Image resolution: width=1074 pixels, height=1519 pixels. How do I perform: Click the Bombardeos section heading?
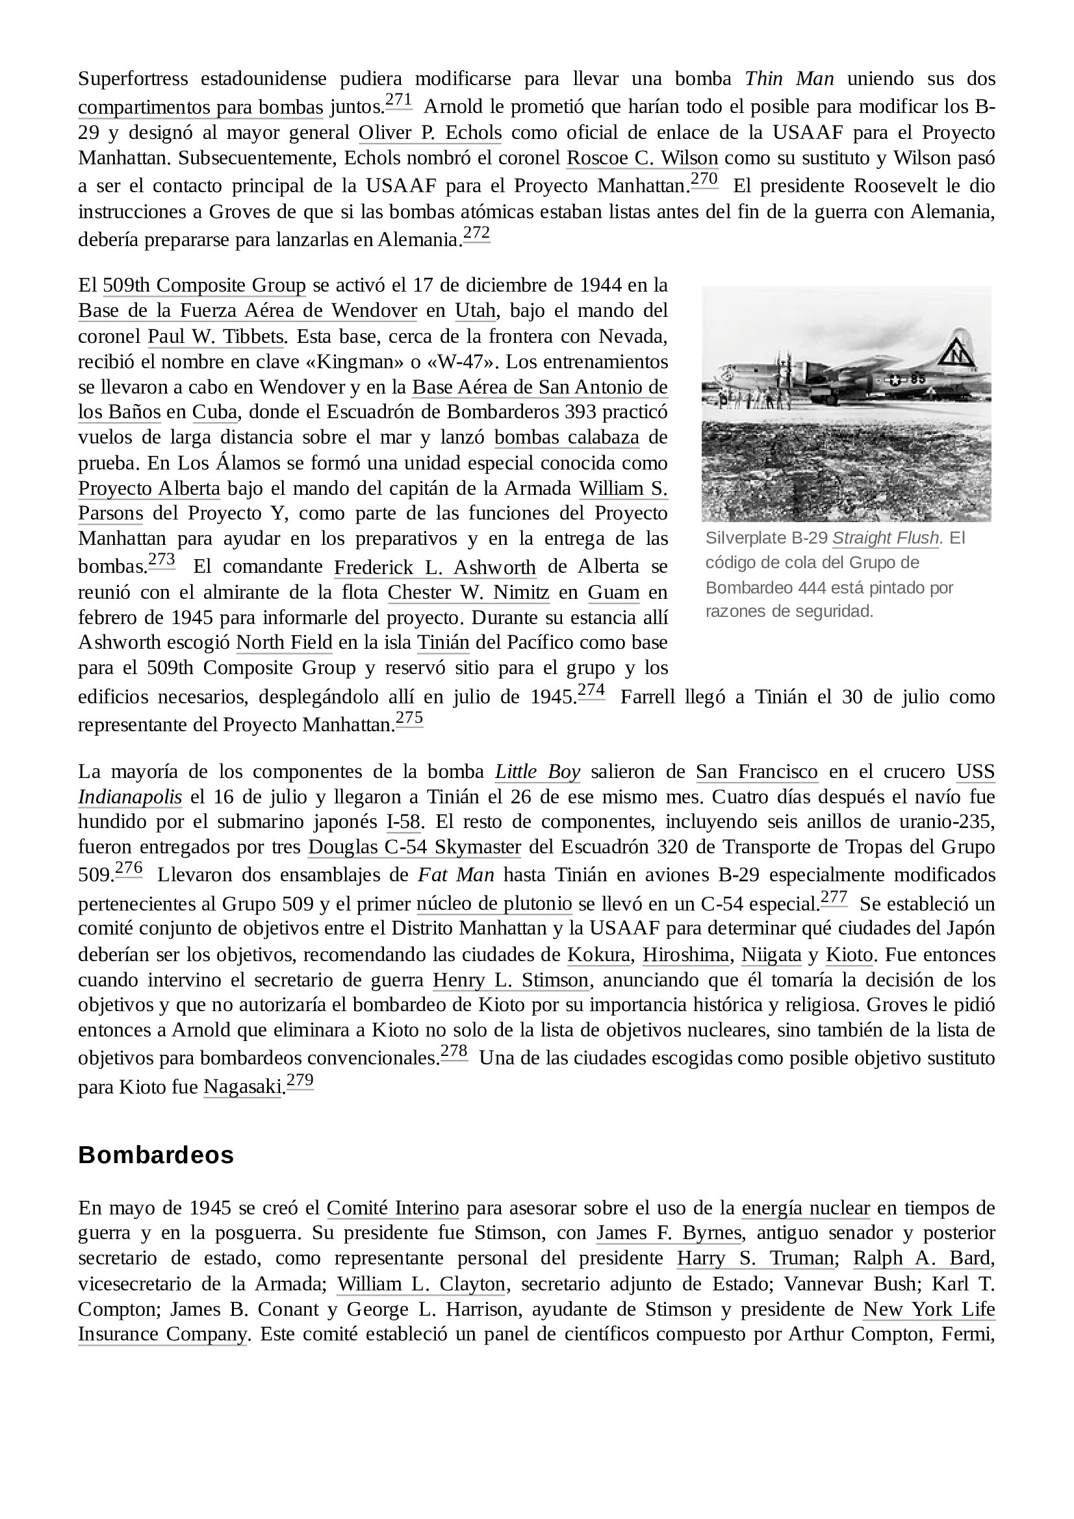155,1155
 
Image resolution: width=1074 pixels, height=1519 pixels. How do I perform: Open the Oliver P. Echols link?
429,133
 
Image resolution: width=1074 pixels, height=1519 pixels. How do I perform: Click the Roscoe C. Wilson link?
642,158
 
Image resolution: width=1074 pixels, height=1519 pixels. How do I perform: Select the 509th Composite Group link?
205,286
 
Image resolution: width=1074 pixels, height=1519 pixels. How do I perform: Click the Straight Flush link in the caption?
885,538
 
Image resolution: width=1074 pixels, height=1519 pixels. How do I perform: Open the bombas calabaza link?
567,438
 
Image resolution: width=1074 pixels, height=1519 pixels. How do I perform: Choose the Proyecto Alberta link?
149,489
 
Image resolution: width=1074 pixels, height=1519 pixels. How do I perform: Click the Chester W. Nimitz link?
468,592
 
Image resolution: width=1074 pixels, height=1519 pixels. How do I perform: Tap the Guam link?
613,592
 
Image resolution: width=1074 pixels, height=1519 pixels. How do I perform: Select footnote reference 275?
409,719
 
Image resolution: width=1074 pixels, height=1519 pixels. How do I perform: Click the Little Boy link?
537,772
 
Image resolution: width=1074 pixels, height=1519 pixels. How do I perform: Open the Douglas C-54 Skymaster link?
415,847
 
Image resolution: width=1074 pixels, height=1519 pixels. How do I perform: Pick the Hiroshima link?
685,955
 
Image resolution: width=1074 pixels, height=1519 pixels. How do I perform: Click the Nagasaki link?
242,1087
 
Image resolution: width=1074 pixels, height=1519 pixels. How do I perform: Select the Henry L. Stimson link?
510,981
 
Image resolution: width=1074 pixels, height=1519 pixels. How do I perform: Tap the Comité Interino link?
392,1209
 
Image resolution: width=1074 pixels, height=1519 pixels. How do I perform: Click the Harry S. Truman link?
755,1259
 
